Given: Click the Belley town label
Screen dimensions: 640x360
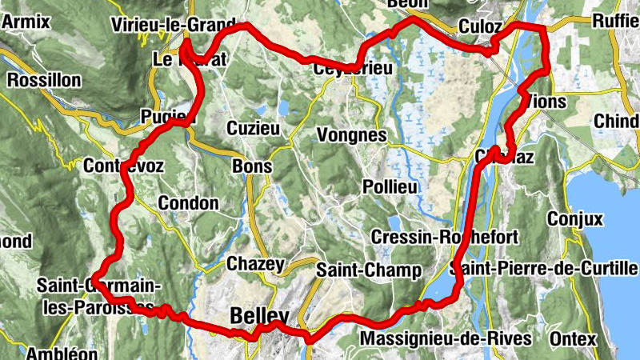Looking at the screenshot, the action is pyautogui.click(x=258, y=316).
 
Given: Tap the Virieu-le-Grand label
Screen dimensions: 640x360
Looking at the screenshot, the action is pyautogui.click(x=175, y=24).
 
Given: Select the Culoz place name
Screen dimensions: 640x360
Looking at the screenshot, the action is pyautogui.click(x=480, y=27).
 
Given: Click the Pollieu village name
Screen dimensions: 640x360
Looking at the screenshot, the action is pyautogui.click(x=390, y=186).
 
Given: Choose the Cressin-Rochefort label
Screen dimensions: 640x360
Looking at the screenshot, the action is pyautogui.click(x=446, y=238).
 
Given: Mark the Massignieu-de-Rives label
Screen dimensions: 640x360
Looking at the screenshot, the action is pyautogui.click(x=446, y=339).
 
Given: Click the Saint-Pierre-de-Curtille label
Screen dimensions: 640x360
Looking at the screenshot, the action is pyautogui.click(x=544, y=268).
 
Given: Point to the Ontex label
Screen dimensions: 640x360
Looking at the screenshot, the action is pyautogui.click(x=574, y=339).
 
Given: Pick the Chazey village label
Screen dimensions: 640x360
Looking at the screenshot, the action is pyautogui.click(x=255, y=264).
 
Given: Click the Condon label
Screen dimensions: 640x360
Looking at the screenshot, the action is pyautogui.click(x=188, y=203).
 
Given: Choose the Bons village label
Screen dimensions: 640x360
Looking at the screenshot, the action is pyautogui.click(x=251, y=167).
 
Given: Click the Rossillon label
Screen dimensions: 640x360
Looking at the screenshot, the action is pyautogui.click(x=44, y=81).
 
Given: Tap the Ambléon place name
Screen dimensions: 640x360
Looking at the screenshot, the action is pyautogui.click(x=62, y=353).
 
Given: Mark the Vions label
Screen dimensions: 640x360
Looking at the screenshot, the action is pyautogui.click(x=547, y=102).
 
